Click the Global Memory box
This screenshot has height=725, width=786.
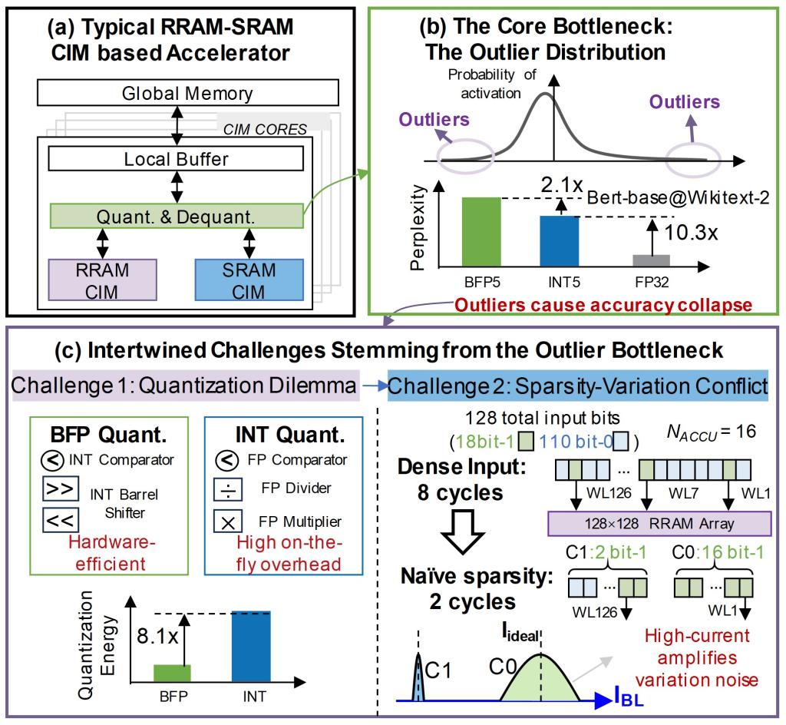187,94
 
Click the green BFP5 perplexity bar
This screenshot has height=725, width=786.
480,231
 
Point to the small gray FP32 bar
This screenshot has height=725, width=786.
651,260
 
